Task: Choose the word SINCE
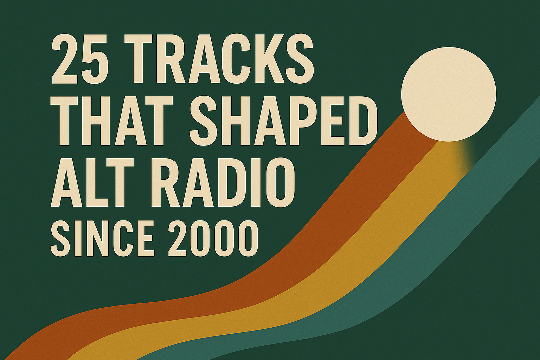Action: coord(102,238)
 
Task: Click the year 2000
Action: coord(213,238)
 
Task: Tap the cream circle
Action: coord(449,94)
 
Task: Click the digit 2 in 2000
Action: coord(178,238)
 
